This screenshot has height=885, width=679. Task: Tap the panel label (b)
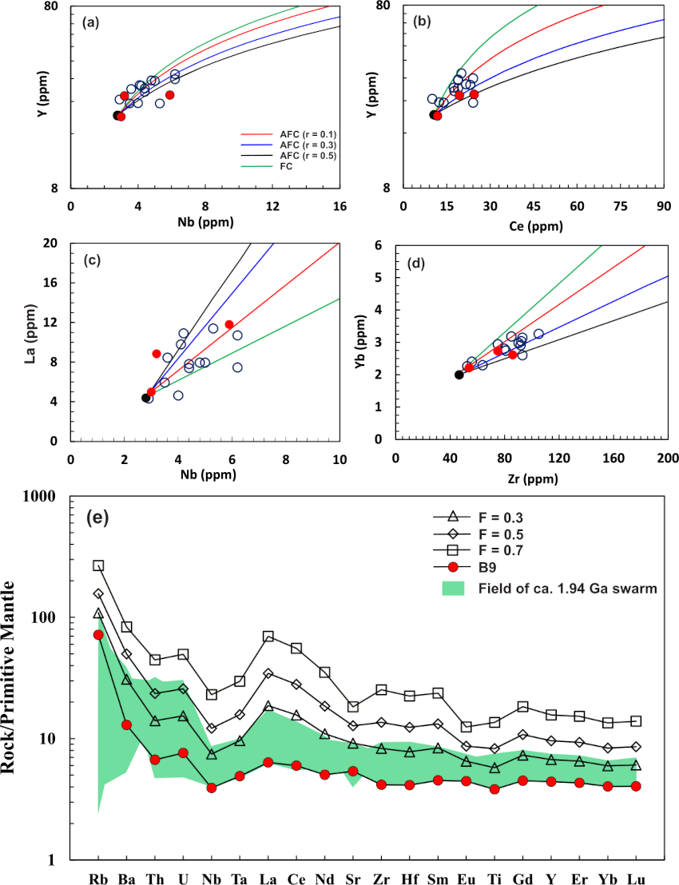tap(421, 22)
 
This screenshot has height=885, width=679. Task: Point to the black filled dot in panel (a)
tap(117, 116)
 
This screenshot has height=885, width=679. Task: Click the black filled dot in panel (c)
tap(145, 397)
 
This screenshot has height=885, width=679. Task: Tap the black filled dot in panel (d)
tap(459, 375)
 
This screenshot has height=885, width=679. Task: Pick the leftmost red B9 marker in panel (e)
tap(98, 634)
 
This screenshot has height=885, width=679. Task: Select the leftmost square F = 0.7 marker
tap(98, 566)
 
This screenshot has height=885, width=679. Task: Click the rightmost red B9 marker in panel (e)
tap(636, 786)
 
